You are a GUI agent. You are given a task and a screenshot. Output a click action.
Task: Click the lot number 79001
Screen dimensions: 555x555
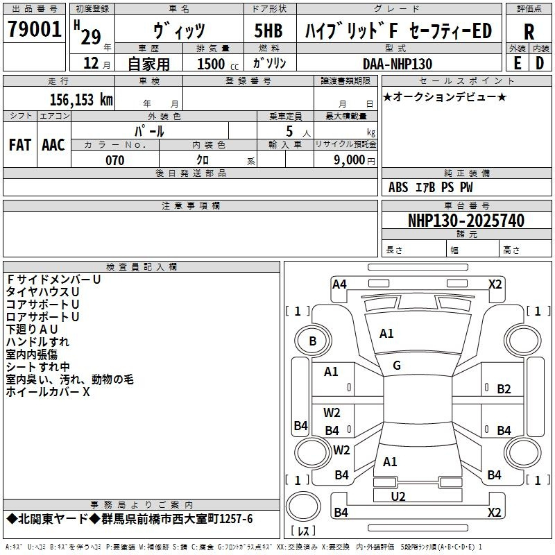(34, 29)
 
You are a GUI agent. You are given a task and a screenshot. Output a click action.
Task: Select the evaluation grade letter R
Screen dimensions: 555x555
(529, 32)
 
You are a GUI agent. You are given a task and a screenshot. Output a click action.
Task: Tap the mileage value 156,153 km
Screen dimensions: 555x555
(81, 99)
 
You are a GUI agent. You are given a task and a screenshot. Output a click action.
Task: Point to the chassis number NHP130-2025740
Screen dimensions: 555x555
(466, 220)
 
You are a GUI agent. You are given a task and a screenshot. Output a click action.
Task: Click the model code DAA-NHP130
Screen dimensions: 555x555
(398, 64)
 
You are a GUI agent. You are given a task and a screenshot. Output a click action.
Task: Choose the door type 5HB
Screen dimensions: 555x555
(268, 31)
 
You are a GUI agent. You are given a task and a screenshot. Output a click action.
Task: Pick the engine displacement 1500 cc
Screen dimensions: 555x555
(218, 64)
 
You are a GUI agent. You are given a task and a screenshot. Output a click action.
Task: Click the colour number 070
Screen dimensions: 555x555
(115, 160)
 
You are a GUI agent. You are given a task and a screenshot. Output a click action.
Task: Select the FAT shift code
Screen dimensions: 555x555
(20, 145)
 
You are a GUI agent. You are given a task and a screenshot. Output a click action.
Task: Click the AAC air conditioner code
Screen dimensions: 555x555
(53, 145)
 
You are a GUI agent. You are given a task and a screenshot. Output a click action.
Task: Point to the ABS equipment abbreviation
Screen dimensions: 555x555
(398, 187)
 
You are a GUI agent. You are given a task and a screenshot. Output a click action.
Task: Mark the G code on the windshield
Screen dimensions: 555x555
(397, 366)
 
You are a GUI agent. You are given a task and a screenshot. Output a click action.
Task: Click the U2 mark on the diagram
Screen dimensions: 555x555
(398, 497)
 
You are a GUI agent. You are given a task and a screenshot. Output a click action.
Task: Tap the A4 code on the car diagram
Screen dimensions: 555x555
(339, 284)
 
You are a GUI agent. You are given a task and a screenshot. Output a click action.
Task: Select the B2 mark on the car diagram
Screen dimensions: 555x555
(504, 389)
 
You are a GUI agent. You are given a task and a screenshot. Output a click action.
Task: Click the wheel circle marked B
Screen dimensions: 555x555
(313, 341)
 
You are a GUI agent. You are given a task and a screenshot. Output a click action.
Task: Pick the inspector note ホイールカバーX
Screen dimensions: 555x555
(48, 391)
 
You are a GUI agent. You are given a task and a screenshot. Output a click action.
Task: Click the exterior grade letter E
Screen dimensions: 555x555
(518, 63)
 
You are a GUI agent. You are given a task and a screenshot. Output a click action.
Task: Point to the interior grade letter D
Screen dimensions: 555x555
(540, 63)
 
